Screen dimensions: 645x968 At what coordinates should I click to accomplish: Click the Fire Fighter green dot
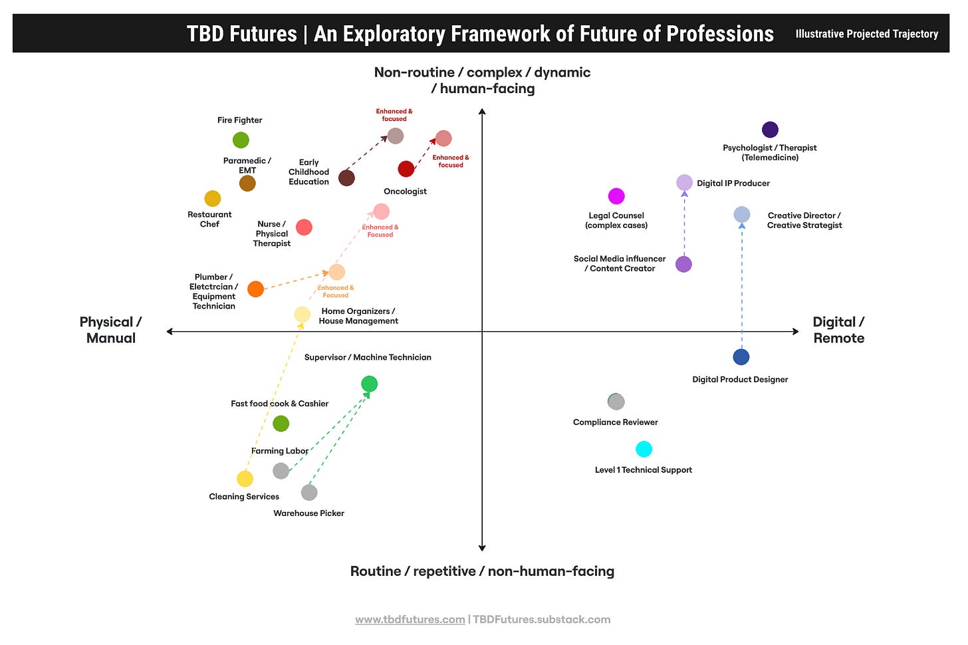tap(241, 140)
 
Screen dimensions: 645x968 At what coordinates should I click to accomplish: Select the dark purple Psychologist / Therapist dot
tap(770, 130)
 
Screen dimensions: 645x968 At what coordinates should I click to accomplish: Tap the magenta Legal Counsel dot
tap(616, 196)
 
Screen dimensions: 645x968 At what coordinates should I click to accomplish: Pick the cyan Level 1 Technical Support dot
tap(644, 449)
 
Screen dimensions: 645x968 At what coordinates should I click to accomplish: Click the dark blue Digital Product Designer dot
tap(741, 357)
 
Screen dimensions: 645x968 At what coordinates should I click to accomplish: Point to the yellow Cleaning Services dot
tap(245, 479)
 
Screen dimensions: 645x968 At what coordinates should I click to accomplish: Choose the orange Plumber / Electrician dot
tap(255, 289)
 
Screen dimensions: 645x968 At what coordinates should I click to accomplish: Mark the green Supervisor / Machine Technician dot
tap(369, 384)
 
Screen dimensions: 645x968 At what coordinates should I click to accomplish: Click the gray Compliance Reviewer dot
tap(616, 402)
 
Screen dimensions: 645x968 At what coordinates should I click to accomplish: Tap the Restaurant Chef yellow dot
tap(212, 199)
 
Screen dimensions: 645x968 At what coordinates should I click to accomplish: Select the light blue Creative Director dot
tap(742, 215)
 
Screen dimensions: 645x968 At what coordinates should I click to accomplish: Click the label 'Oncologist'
tap(405, 192)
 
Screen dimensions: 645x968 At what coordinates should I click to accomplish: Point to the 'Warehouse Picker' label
tap(308, 513)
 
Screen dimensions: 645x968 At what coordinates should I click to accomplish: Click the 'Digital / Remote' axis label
tap(838, 330)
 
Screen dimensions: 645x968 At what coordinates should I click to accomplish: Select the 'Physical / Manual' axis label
tap(110, 330)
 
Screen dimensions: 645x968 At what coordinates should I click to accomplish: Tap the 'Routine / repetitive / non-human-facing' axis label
tap(482, 571)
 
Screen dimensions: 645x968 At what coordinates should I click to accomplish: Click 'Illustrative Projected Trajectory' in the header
tap(866, 34)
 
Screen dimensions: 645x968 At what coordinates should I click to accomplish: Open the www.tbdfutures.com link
tap(410, 620)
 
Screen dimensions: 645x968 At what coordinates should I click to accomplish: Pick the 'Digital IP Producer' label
tap(733, 184)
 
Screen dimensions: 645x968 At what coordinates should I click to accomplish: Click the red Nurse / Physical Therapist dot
tap(304, 227)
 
